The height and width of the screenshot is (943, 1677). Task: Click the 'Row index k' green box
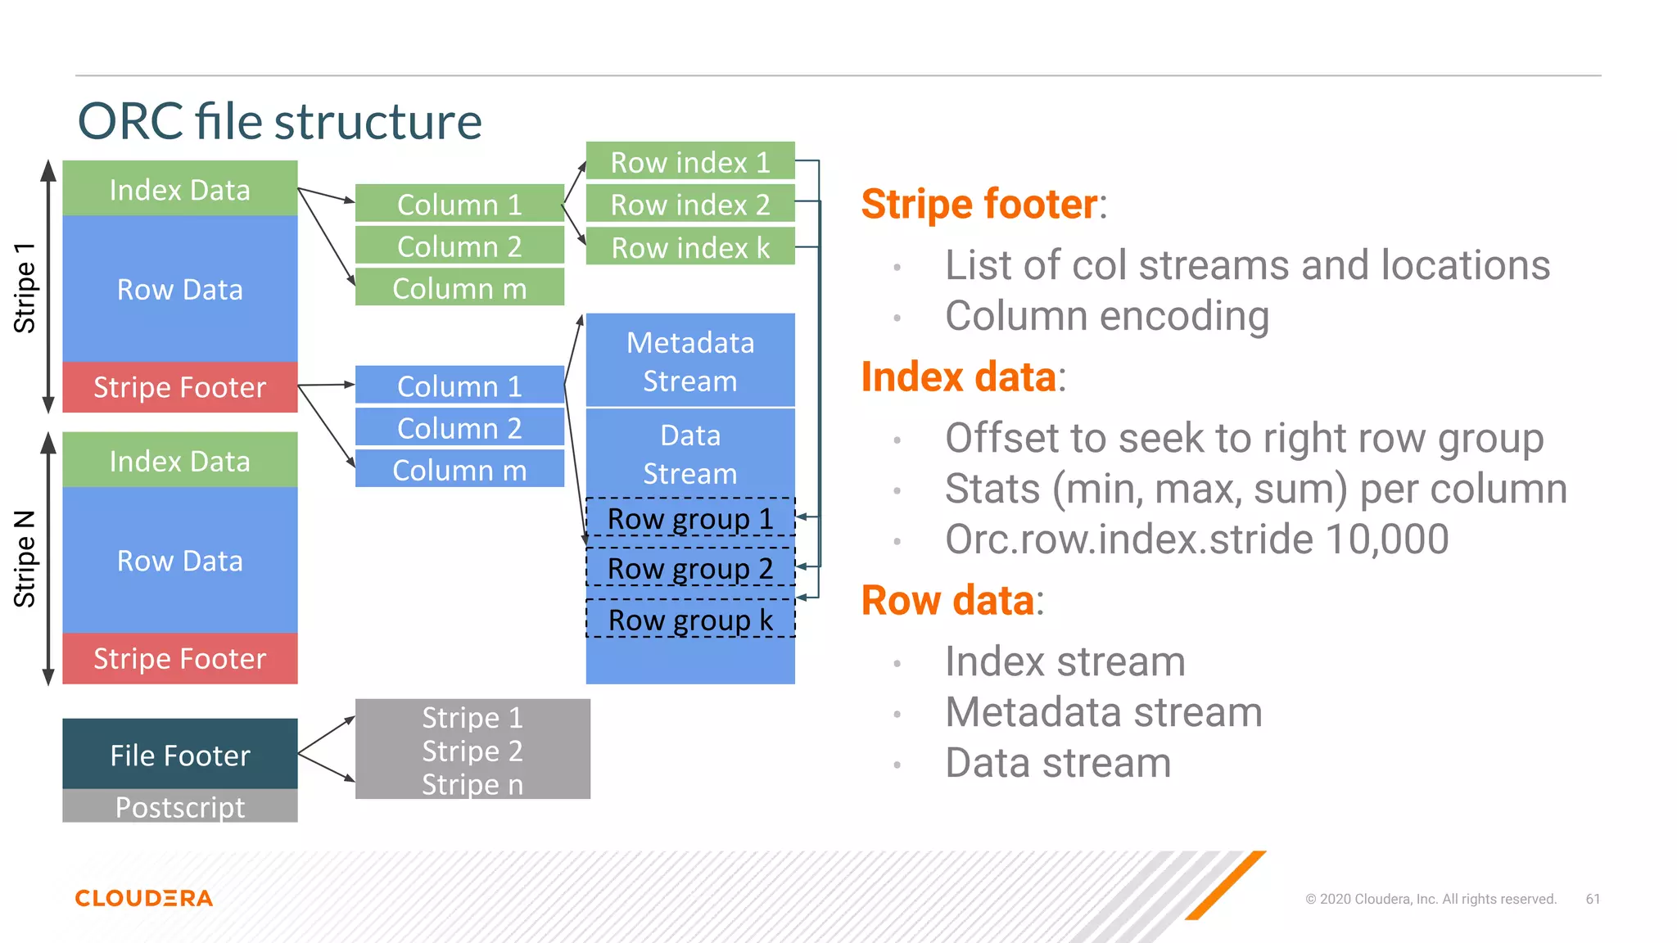[x=690, y=247]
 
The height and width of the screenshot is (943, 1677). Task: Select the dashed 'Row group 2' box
[x=690, y=568]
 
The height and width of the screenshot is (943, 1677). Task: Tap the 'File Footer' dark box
[x=180, y=755]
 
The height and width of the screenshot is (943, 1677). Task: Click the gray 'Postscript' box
[x=180, y=807]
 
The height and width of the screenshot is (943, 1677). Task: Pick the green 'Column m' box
[x=459, y=288]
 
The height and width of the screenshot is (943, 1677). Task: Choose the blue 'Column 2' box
[x=459, y=428]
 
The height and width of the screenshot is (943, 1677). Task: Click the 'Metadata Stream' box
[x=690, y=361]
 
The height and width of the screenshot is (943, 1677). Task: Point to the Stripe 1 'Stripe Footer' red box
[x=180, y=387]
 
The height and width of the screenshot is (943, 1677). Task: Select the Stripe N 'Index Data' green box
[x=180, y=461]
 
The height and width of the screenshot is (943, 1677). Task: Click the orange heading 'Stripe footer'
[x=979, y=204]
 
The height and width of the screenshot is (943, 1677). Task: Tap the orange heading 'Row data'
[x=947, y=600]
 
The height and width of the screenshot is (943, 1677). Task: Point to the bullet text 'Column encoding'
[x=1106, y=316]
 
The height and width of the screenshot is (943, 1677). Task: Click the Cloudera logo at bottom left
[x=144, y=898]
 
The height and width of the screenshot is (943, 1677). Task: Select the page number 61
[x=1593, y=899]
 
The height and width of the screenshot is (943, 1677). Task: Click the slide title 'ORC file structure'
[x=279, y=121]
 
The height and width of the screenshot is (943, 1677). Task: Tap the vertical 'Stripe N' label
[x=25, y=559]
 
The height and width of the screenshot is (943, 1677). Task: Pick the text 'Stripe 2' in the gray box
[x=472, y=751]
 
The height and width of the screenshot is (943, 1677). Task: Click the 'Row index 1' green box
[x=690, y=162]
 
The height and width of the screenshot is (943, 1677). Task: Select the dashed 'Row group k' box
[x=690, y=620]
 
